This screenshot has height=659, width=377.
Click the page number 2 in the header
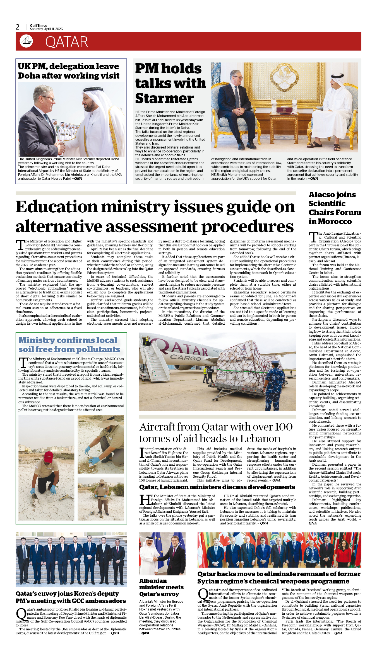18,27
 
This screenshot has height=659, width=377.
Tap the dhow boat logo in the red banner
26,41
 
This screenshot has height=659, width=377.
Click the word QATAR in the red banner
66,42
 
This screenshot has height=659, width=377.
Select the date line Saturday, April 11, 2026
46,29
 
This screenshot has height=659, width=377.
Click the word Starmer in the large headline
164,98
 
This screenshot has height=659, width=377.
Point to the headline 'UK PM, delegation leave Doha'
68,71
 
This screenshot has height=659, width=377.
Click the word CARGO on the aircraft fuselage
186,358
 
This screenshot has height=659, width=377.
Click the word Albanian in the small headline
153,581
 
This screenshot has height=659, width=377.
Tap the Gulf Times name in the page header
39,25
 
